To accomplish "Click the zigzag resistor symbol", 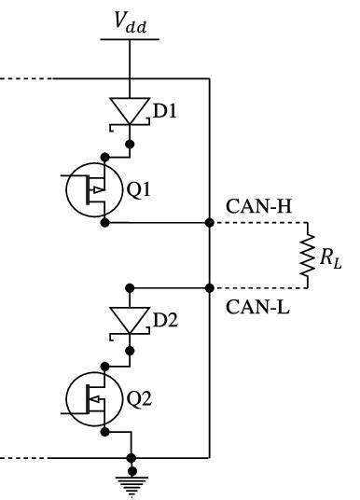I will [x=306, y=256].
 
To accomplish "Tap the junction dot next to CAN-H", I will [x=209, y=224].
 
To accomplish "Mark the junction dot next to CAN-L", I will [x=209, y=287].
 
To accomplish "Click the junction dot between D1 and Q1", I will [x=132, y=144].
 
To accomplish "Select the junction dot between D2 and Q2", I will [x=132, y=351].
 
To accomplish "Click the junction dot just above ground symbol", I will [x=132, y=458].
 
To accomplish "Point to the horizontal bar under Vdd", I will [x=132, y=40].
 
